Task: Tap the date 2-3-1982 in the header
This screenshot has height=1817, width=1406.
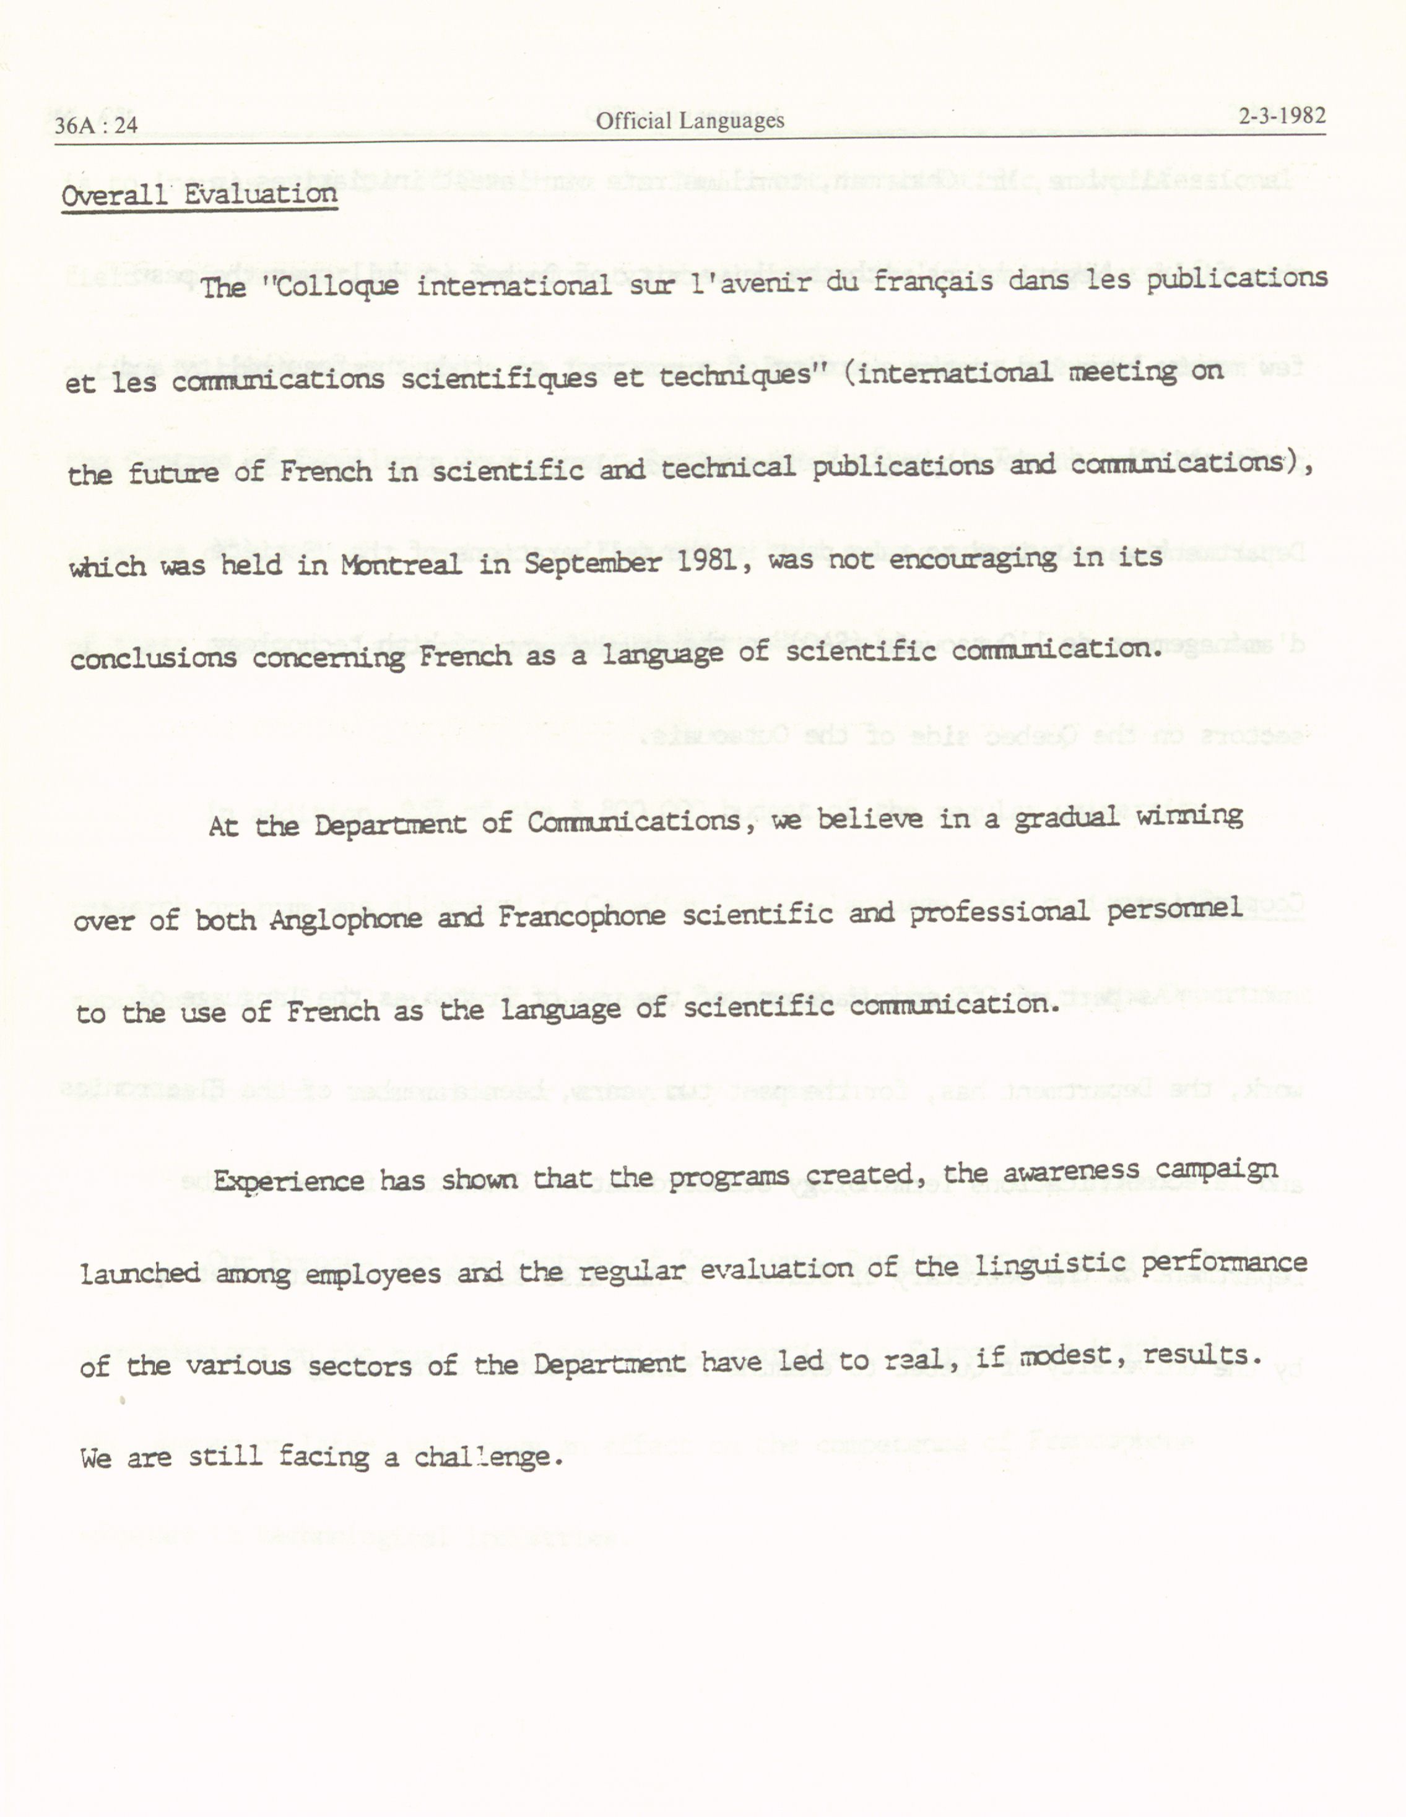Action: [x=1281, y=116]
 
